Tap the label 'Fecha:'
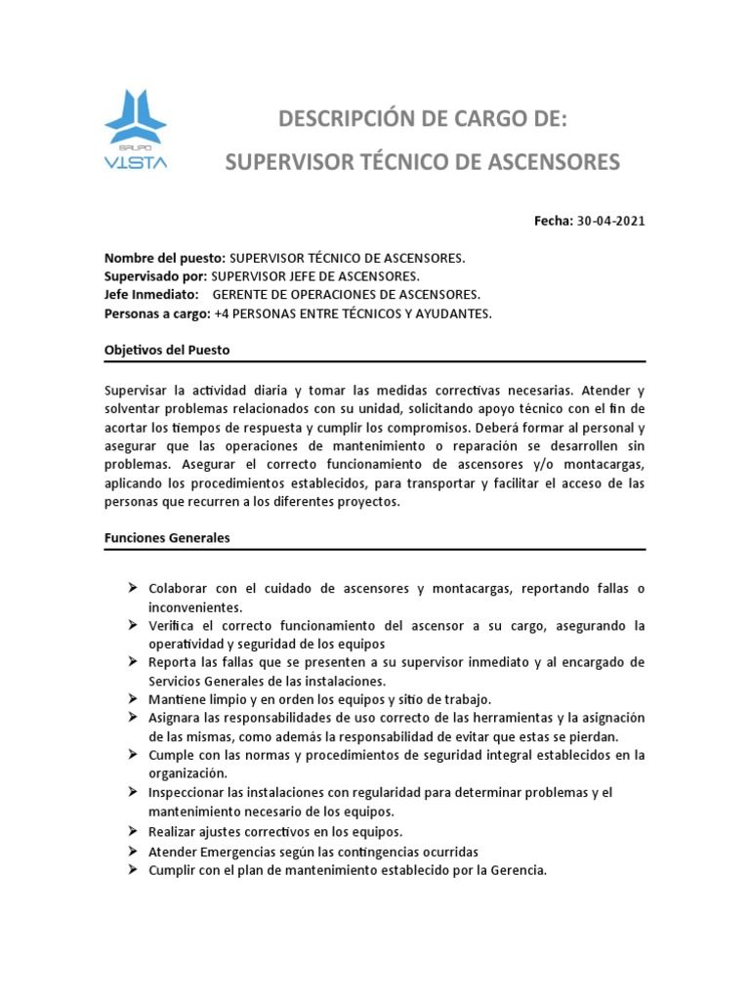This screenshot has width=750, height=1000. pos(554,221)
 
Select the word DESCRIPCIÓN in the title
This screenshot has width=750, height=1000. pos(347,120)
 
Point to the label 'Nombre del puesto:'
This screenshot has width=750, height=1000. pos(164,258)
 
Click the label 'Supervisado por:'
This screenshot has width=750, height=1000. pos(155,276)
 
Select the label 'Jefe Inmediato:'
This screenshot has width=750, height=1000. pos(151,295)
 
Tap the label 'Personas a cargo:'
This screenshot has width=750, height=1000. pos(157,313)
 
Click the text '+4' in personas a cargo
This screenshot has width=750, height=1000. pos(222,313)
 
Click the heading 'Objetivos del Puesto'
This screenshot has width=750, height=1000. pos(166,350)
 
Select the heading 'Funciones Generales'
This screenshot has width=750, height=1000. pos(167,538)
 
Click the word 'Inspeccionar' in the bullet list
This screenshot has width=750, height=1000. pos(187,793)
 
